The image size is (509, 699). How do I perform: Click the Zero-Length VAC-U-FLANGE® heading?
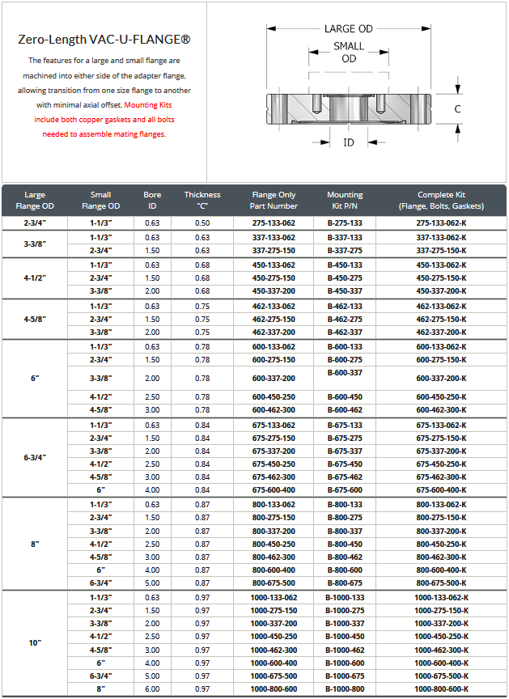[104, 39]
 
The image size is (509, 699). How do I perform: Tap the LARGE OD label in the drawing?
[349, 28]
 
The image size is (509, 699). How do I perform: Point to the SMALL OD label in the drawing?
[349, 53]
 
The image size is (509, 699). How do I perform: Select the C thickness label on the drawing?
[457, 108]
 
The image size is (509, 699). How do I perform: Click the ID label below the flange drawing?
[349, 142]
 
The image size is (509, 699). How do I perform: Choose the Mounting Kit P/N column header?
[345, 200]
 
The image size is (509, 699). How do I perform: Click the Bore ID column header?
[152, 200]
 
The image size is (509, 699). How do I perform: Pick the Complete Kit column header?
[441, 200]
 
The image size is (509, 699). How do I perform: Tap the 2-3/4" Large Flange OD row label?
[35, 222]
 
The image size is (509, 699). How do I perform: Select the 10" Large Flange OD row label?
[35, 643]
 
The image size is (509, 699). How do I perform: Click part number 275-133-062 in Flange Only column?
[274, 222]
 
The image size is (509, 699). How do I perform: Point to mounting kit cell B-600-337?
[345, 372]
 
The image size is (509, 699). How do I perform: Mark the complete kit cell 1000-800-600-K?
[441, 688]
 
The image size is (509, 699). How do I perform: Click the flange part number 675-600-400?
[274, 490]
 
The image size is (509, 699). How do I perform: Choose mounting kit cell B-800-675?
[345, 582]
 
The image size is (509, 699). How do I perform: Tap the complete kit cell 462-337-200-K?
[441, 332]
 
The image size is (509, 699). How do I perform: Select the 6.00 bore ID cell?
[152, 688]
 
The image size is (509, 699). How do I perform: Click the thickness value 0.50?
[201, 222]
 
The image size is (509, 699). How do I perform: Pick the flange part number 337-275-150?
[274, 251]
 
